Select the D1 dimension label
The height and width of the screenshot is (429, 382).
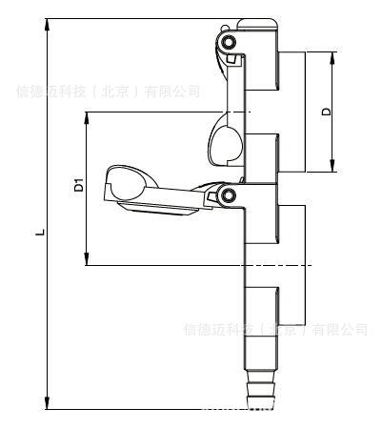79,186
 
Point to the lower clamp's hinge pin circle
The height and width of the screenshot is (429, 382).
228,195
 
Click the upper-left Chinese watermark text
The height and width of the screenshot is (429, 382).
109,92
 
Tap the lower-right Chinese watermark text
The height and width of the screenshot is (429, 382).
274,330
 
